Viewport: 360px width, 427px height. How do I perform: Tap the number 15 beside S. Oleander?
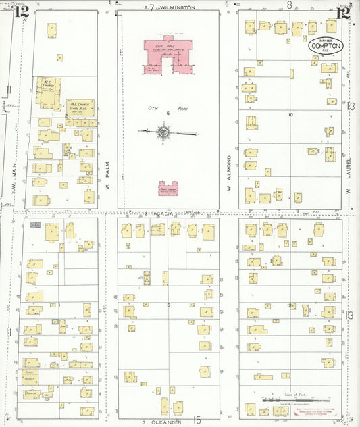click(197, 420)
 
